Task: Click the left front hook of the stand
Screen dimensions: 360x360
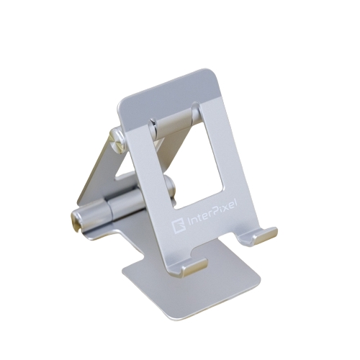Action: coord(194,267)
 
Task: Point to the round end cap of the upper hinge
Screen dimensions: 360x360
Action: coord(117,140)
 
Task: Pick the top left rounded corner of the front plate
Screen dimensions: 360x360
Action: coord(122,104)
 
